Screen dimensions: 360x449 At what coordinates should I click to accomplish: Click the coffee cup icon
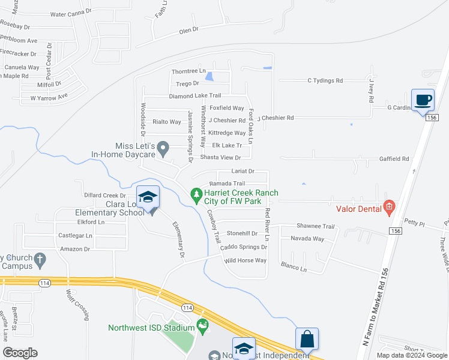click(423, 100)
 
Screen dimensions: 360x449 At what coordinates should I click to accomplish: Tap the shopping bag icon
click(307, 339)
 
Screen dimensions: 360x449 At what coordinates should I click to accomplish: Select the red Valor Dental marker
click(389, 208)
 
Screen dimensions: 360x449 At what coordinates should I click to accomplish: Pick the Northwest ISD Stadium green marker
click(203, 326)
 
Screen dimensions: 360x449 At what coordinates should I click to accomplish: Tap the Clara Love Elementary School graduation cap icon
click(148, 197)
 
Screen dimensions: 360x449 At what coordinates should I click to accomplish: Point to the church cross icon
click(40, 259)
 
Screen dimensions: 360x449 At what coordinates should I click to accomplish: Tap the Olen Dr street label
click(188, 29)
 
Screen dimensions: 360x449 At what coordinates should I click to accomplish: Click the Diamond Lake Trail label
click(194, 95)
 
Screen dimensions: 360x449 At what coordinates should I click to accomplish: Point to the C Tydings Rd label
click(325, 80)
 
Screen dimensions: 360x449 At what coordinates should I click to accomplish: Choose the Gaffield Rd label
click(394, 159)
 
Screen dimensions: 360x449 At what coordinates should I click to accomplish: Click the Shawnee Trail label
click(315, 226)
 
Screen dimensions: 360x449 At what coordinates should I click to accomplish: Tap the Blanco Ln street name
click(294, 268)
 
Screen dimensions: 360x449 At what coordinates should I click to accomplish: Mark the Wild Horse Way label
click(244, 260)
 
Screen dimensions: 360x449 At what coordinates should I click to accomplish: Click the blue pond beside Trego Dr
click(209, 76)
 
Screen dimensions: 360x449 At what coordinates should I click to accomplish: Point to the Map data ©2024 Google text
click(411, 355)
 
